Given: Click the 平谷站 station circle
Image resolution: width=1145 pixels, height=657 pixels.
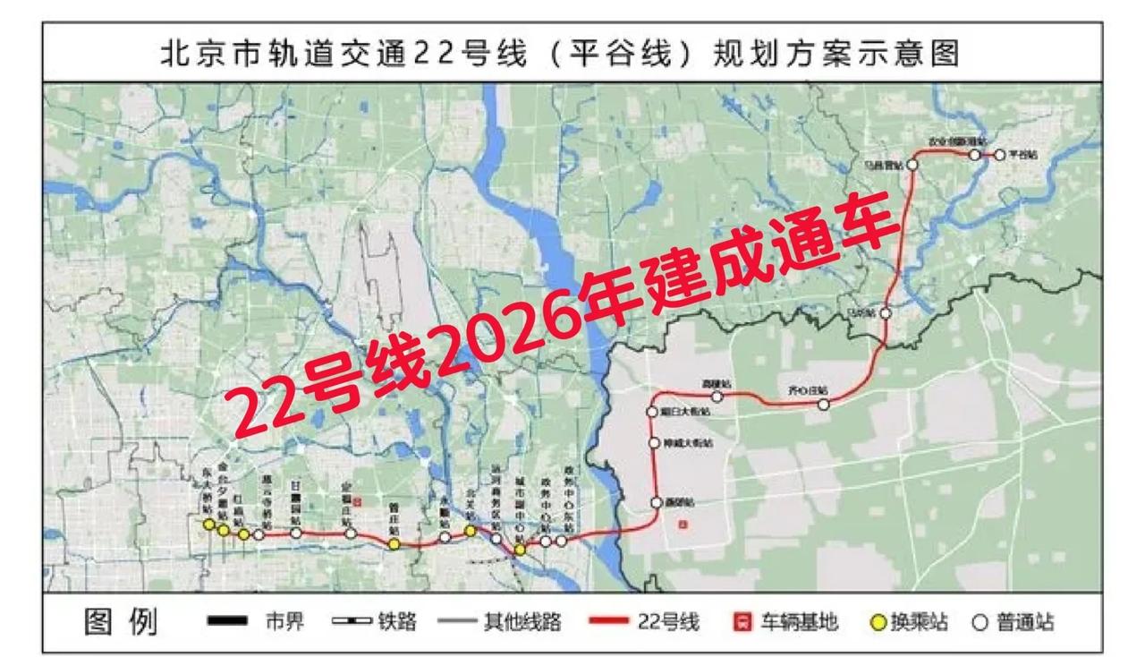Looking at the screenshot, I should [1000, 155].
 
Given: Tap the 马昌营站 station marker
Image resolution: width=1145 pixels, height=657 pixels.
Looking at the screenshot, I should [912, 165].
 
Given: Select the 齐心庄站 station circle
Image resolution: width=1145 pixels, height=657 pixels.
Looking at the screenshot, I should [824, 405].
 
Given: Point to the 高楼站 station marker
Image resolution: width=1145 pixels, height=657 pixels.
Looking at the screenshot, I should [717, 396].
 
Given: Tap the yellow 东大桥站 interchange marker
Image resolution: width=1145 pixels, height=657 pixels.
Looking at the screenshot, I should [208, 524].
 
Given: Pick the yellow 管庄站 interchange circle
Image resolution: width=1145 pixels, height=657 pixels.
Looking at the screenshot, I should [394, 543].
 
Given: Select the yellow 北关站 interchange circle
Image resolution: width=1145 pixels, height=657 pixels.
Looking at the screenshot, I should [470, 531].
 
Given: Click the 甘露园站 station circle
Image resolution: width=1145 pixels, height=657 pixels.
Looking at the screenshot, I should [296, 533].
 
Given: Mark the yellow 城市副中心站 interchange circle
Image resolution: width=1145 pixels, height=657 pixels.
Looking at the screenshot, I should [520, 550].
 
